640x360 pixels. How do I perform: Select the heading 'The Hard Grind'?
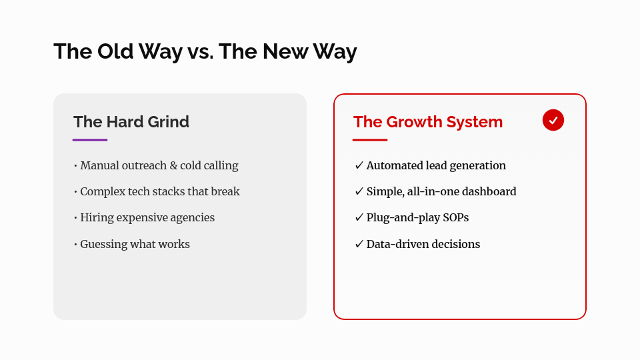(x=131, y=122)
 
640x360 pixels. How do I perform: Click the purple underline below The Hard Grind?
(x=90, y=140)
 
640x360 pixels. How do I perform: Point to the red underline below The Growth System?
(x=370, y=140)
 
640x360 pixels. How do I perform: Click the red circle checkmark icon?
(x=553, y=120)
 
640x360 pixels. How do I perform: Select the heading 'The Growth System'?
(x=428, y=122)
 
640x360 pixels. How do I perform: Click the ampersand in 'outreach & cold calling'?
(x=183, y=165)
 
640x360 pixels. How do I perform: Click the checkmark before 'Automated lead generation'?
(x=359, y=165)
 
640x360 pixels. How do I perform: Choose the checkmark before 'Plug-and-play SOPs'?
(x=359, y=218)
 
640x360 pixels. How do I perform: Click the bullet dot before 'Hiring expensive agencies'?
(x=75, y=218)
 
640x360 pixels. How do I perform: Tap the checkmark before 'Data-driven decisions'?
(x=359, y=244)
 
